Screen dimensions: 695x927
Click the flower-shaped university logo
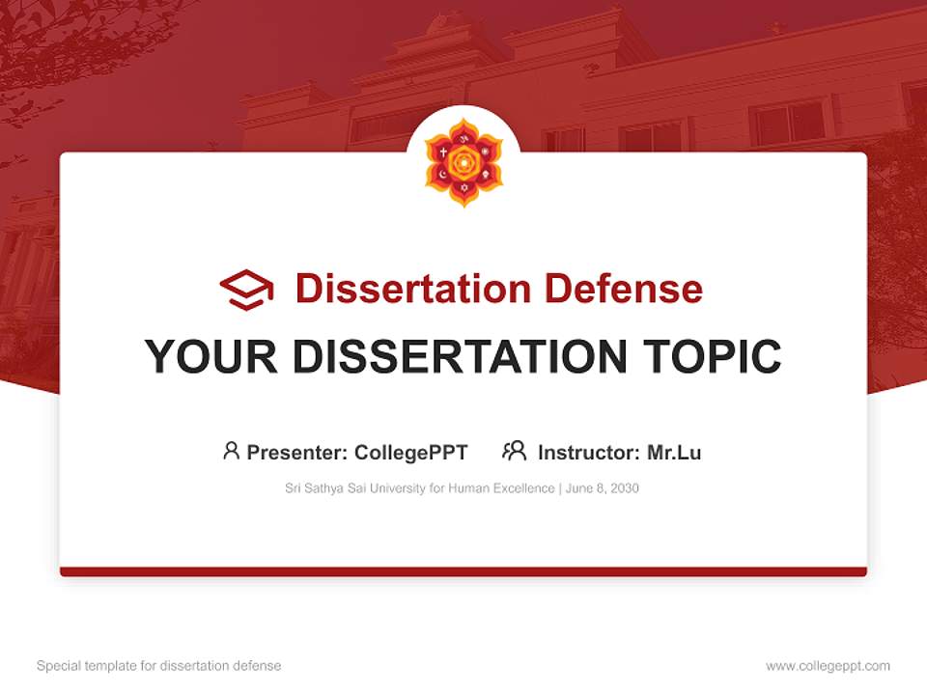click(463, 162)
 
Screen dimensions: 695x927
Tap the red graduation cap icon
click(246, 289)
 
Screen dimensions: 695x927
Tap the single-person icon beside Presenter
click(231, 451)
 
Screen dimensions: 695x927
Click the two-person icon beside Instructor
click(514, 451)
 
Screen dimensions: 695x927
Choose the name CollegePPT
click(411, 452)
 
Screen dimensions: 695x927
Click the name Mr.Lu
click(674, 452)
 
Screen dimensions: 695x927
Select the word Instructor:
click(589, 452)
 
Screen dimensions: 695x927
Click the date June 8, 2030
click(603, 488)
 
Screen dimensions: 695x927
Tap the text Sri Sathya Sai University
click(340, 488)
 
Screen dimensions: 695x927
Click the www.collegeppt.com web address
click(828, 666)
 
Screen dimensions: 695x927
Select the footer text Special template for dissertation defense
click(159, 666)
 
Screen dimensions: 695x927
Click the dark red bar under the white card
click(463, 571)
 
